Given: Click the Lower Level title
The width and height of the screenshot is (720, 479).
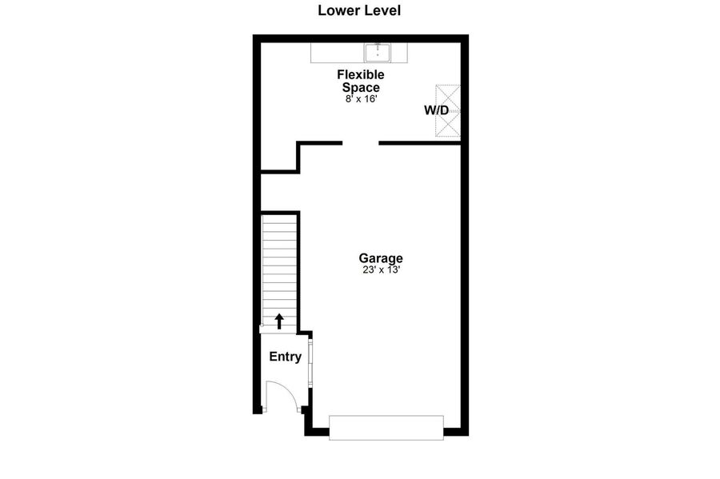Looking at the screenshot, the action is tap(359, 10).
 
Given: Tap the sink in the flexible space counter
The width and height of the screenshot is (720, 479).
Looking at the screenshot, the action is tap(378, 53).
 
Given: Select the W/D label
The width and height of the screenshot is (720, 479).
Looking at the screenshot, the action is tap(436, 110).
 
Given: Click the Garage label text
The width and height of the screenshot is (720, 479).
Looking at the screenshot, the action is tap(381, 259).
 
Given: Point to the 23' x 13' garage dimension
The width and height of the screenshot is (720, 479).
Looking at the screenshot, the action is tap(381, 270).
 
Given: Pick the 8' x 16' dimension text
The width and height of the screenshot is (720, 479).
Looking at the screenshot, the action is tap(361, 98).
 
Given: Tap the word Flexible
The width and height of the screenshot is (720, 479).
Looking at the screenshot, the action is tap(361, 74).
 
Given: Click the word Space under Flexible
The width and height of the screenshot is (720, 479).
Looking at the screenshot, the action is tap(361, 88).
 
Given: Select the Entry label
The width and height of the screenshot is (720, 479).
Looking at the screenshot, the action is tap(285, 357).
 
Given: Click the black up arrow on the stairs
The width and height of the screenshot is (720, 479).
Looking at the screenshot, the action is tap(278, 321).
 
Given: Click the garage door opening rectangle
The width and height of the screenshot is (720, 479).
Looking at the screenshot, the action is tap(386, 428).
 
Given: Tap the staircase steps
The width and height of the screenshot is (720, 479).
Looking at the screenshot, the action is tap(279, 271).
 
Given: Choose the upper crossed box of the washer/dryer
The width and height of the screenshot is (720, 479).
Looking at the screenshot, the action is tap(448, 98).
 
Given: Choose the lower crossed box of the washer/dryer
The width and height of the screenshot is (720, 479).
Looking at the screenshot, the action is tap(448, 124).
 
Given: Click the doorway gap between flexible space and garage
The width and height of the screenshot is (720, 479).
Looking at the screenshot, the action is tap(361, 143).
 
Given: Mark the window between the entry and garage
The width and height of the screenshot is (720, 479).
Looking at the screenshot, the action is tap(310, 363).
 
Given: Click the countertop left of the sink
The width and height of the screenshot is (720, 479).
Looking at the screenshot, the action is tap(338, 53).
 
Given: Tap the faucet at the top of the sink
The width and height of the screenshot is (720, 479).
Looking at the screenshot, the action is tap(378, 46).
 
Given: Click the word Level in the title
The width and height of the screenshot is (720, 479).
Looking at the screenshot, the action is tap(382, 10).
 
